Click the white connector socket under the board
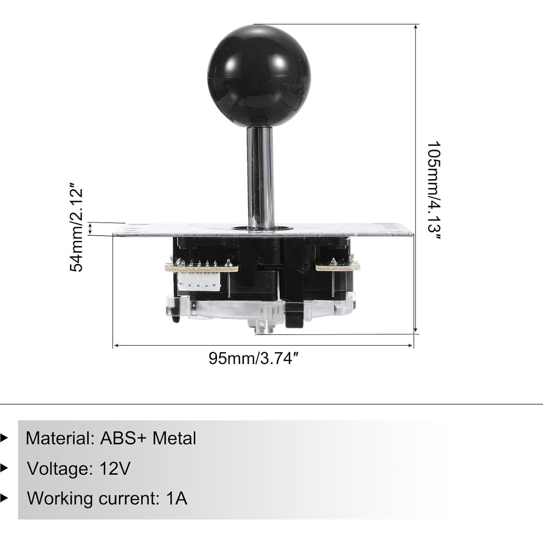(199, 282)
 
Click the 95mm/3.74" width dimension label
(254, 358)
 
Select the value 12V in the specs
(115, 468)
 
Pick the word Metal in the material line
(174, 438)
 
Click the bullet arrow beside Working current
(4, 498)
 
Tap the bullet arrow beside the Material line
(4, 438)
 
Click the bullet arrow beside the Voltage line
(4, 468)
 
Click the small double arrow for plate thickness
(90, 229)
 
